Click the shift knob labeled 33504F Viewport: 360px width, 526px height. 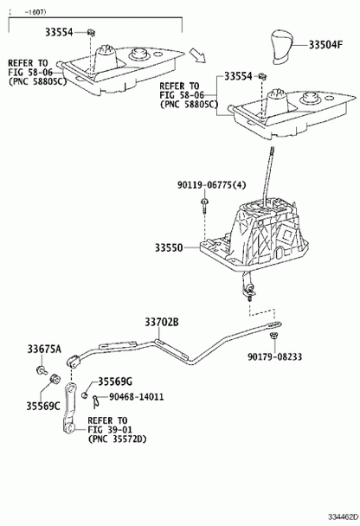point(281,46)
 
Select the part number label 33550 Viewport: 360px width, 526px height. point(169,248)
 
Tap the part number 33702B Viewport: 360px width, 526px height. point(162,322)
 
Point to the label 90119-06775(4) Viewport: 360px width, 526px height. point(212,184)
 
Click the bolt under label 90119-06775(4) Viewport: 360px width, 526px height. point(204,205)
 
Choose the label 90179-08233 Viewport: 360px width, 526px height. point(275,356)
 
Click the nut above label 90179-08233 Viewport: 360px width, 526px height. point(274,335)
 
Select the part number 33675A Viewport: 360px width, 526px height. point(44,350)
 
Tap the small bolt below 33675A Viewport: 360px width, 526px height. point(42,370)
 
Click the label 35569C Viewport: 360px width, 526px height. point(43,406)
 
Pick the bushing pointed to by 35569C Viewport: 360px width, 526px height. point(55,378)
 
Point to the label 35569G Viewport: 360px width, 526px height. point(115,382)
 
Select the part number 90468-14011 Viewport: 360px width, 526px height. point(136,397)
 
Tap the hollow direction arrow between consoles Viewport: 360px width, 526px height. point(197,55)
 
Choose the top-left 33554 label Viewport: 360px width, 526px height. point(59,32)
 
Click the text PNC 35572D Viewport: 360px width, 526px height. point(118,439)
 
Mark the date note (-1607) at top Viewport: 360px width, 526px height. point(28,12)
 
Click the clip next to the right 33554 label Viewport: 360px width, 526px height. point(262,77)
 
